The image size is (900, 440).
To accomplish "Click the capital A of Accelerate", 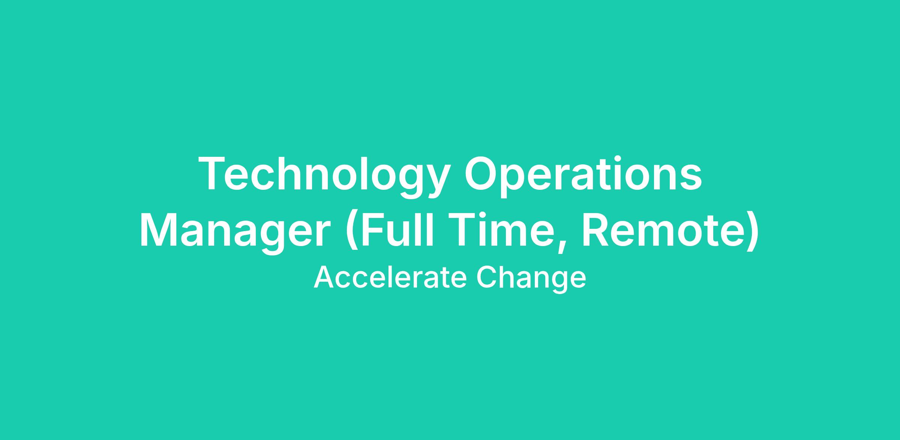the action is point(324,278).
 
